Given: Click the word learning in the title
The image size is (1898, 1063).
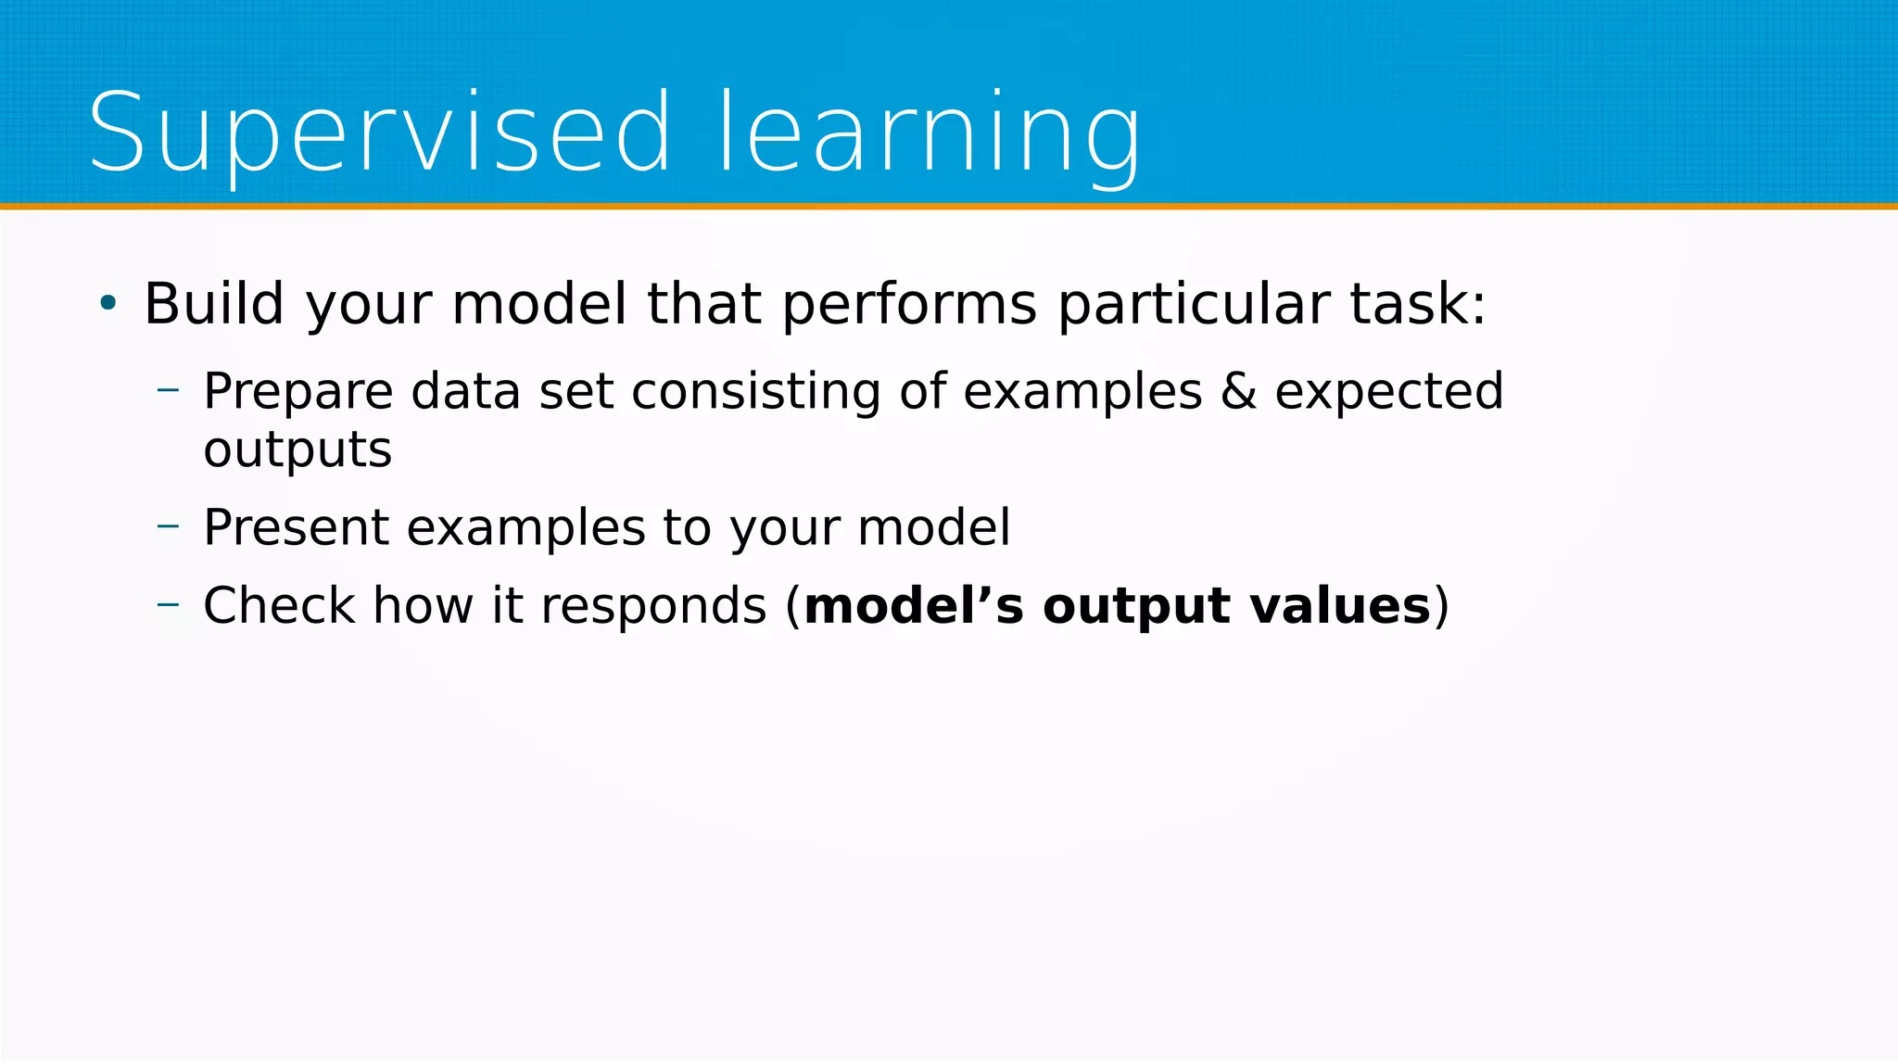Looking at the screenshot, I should pyautogui.click(x=930, y=132).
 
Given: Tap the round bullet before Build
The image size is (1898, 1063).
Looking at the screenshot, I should pyautogui.click(x=108, y=302).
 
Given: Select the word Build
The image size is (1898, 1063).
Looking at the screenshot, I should pyautogui.click(x=213, y=303).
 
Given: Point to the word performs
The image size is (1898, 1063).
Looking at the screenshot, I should pyautogui.click(x=909, y=305).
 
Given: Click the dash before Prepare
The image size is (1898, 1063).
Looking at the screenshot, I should pyautogui.click(x=168, y=390).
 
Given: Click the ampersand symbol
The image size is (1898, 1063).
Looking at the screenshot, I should pyautogui.click(x=1238, y=391).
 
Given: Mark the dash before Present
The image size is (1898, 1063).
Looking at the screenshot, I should pyautogui.click(x=168, y=526).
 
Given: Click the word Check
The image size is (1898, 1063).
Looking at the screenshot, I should pyautogui.click(x=279, y=606).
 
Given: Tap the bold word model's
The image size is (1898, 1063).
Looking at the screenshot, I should pyautogui.click(x=914, y=606).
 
